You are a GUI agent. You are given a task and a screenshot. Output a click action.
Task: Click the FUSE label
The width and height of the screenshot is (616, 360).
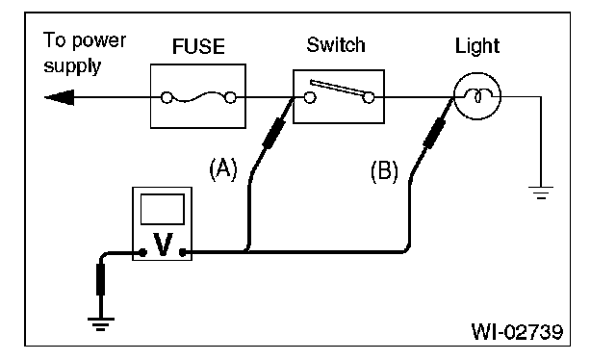(198, 46)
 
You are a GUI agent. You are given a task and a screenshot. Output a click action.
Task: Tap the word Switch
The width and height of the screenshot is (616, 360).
(336, 45)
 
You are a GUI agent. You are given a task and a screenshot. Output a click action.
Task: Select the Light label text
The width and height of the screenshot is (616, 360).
(477, 47)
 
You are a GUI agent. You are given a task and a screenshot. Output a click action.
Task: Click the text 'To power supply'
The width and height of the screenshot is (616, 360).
(85, 53)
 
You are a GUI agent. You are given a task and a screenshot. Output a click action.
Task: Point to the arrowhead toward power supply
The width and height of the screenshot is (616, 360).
(59, 97)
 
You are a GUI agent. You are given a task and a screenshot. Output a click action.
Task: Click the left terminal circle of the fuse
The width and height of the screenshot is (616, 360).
(167, 97)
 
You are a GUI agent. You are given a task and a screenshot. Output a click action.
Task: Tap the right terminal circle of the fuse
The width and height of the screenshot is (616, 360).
(231, 97)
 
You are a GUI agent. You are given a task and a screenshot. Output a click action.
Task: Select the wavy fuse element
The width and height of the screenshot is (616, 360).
(199, 97)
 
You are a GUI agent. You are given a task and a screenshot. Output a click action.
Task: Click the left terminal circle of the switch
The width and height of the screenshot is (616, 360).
(310, 97)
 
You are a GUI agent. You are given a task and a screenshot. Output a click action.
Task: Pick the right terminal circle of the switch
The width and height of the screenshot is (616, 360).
(369, 97)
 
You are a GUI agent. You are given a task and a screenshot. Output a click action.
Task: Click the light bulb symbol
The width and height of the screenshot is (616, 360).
(477, 96)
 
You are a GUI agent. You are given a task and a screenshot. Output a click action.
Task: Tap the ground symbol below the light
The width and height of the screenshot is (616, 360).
(541, 193)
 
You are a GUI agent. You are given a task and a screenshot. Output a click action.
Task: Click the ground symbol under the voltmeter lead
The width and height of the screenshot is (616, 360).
(101, 323)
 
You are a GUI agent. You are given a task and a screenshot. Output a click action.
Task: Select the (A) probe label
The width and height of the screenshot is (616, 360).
(223, 169)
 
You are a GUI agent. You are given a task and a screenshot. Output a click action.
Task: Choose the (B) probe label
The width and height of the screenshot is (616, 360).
(384, 171)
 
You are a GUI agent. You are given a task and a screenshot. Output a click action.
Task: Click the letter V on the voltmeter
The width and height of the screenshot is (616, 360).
(163, 244)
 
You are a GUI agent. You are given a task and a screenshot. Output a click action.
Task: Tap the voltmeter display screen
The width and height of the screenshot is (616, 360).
(163, 209)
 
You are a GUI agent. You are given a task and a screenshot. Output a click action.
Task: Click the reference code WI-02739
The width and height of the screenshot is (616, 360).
(517, 332)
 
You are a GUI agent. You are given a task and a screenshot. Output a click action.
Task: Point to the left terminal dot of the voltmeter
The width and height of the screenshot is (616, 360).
(143, 253)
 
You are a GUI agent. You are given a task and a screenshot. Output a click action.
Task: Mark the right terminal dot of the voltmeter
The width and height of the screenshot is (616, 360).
(182, 253)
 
